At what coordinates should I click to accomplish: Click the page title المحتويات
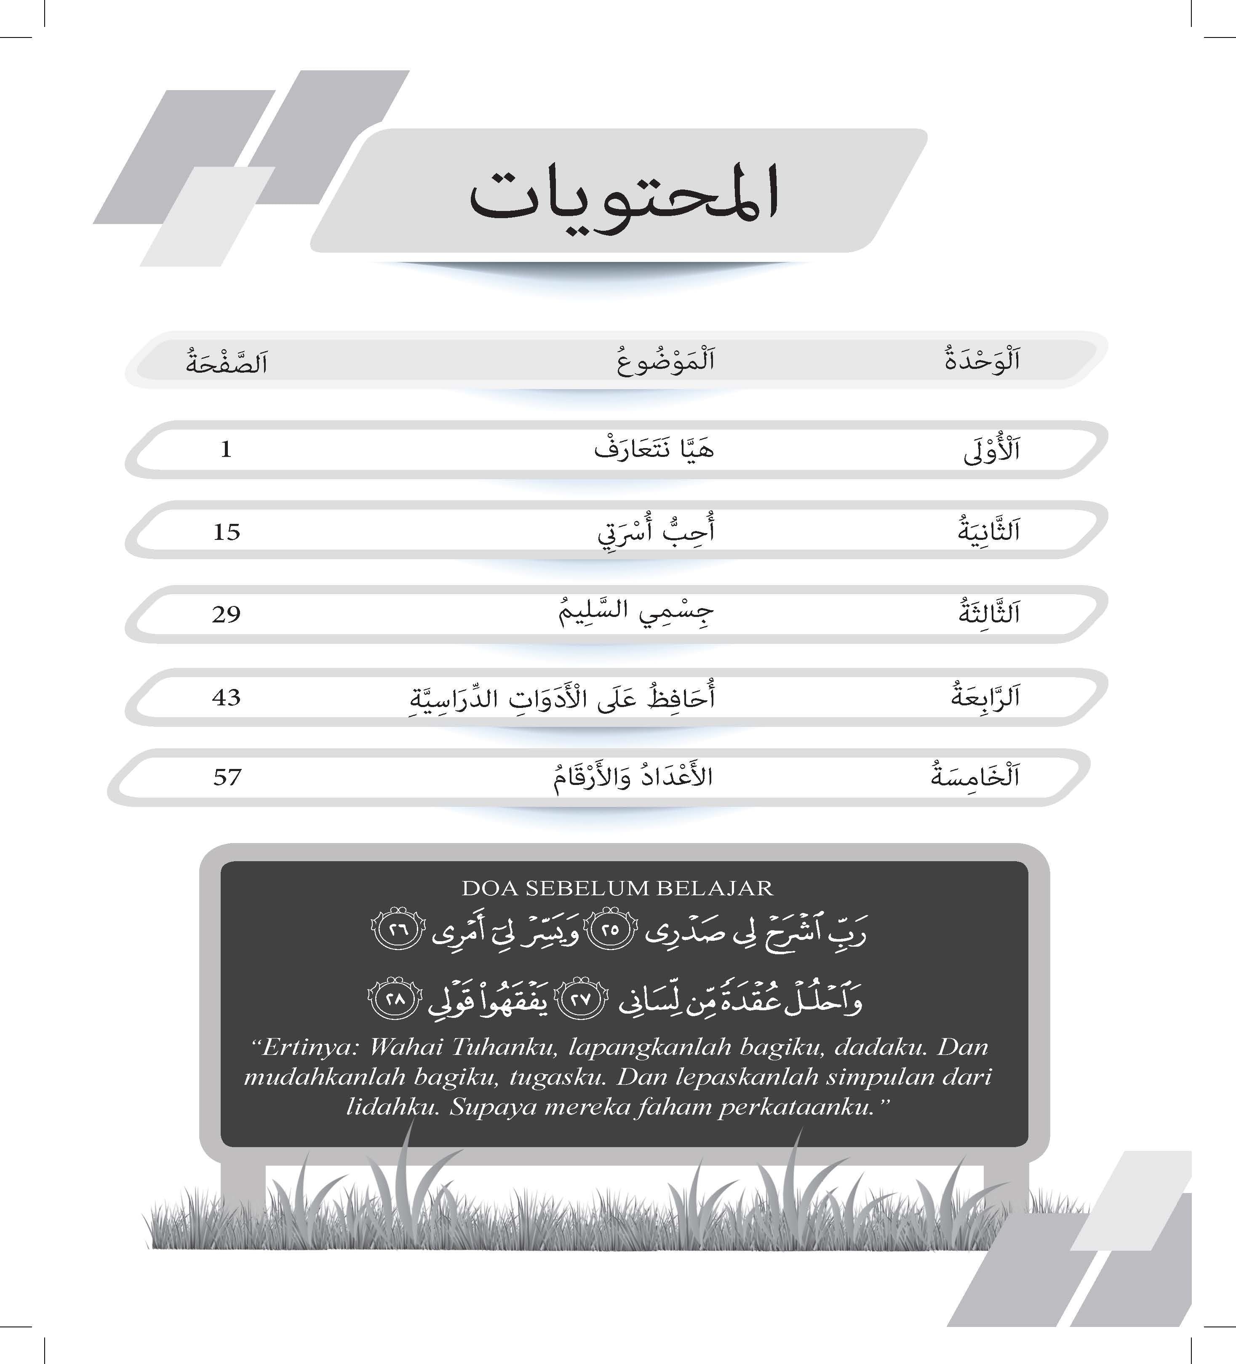(x=623, y=196)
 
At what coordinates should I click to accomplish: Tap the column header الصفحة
(x=227, y=363)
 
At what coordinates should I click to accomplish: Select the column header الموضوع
(x=666, y=360)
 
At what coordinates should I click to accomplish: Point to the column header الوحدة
(x=982, y=360)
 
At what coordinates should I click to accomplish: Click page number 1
(x=226, y=449)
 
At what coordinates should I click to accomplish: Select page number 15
(x=227, y=532)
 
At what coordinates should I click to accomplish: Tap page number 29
(x=226, y=615)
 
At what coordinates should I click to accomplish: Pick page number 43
(x=226, y=697)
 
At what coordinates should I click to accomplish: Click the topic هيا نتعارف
(x=654, y=449)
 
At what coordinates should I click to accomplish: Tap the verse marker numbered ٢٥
(x=610, y=931)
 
